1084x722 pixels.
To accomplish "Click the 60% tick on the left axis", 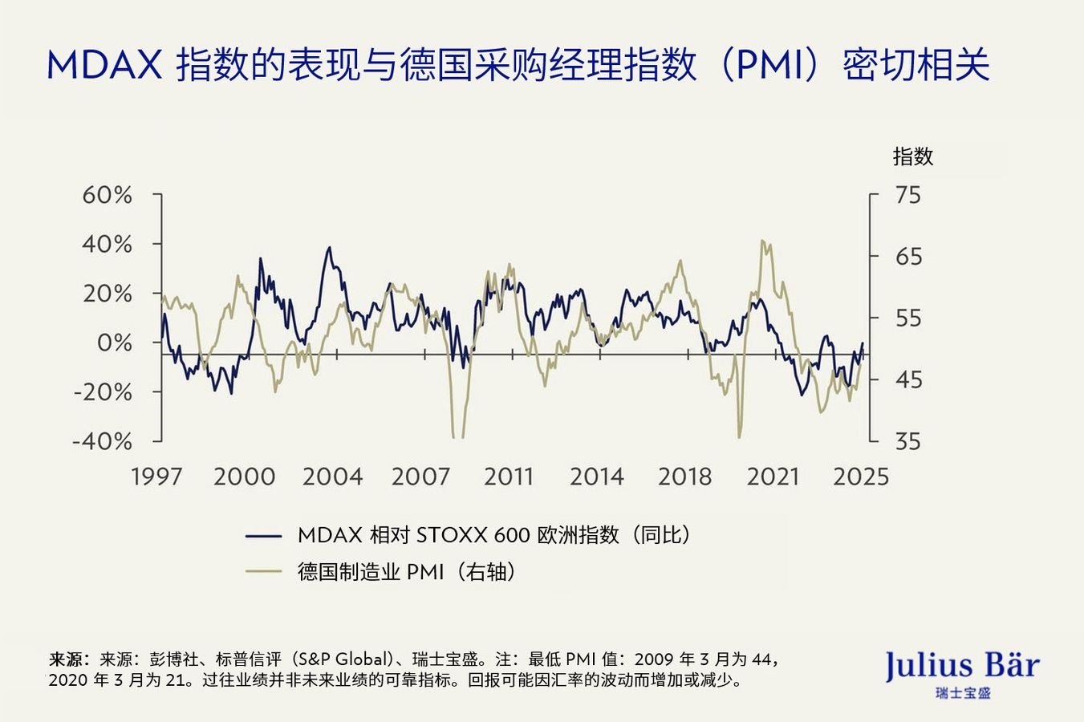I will (107, 195).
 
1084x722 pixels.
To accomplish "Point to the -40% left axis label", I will (103, 441).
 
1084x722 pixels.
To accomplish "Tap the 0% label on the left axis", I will (114, 343).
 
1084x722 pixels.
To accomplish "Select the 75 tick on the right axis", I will (908, 195).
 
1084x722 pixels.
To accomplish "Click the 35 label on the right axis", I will (908, 441).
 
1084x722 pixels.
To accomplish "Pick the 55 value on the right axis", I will (908, 318).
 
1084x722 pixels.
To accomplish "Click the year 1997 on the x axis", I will (156, 477).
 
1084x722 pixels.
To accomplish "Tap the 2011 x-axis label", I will (509, 477).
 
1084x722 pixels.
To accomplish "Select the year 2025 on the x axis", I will (861, 477).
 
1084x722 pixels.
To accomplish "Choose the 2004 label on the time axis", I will (332, 477).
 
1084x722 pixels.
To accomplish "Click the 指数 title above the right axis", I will (913, 156).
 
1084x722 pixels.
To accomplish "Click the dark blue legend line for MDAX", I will (263, 535).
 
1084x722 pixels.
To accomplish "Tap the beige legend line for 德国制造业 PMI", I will (263, 572).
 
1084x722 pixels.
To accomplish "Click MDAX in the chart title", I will (105, 65).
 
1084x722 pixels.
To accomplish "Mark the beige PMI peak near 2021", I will (762, 241).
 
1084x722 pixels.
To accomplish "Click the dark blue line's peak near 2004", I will (328, 247).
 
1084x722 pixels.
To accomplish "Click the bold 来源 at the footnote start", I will (66, 660).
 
